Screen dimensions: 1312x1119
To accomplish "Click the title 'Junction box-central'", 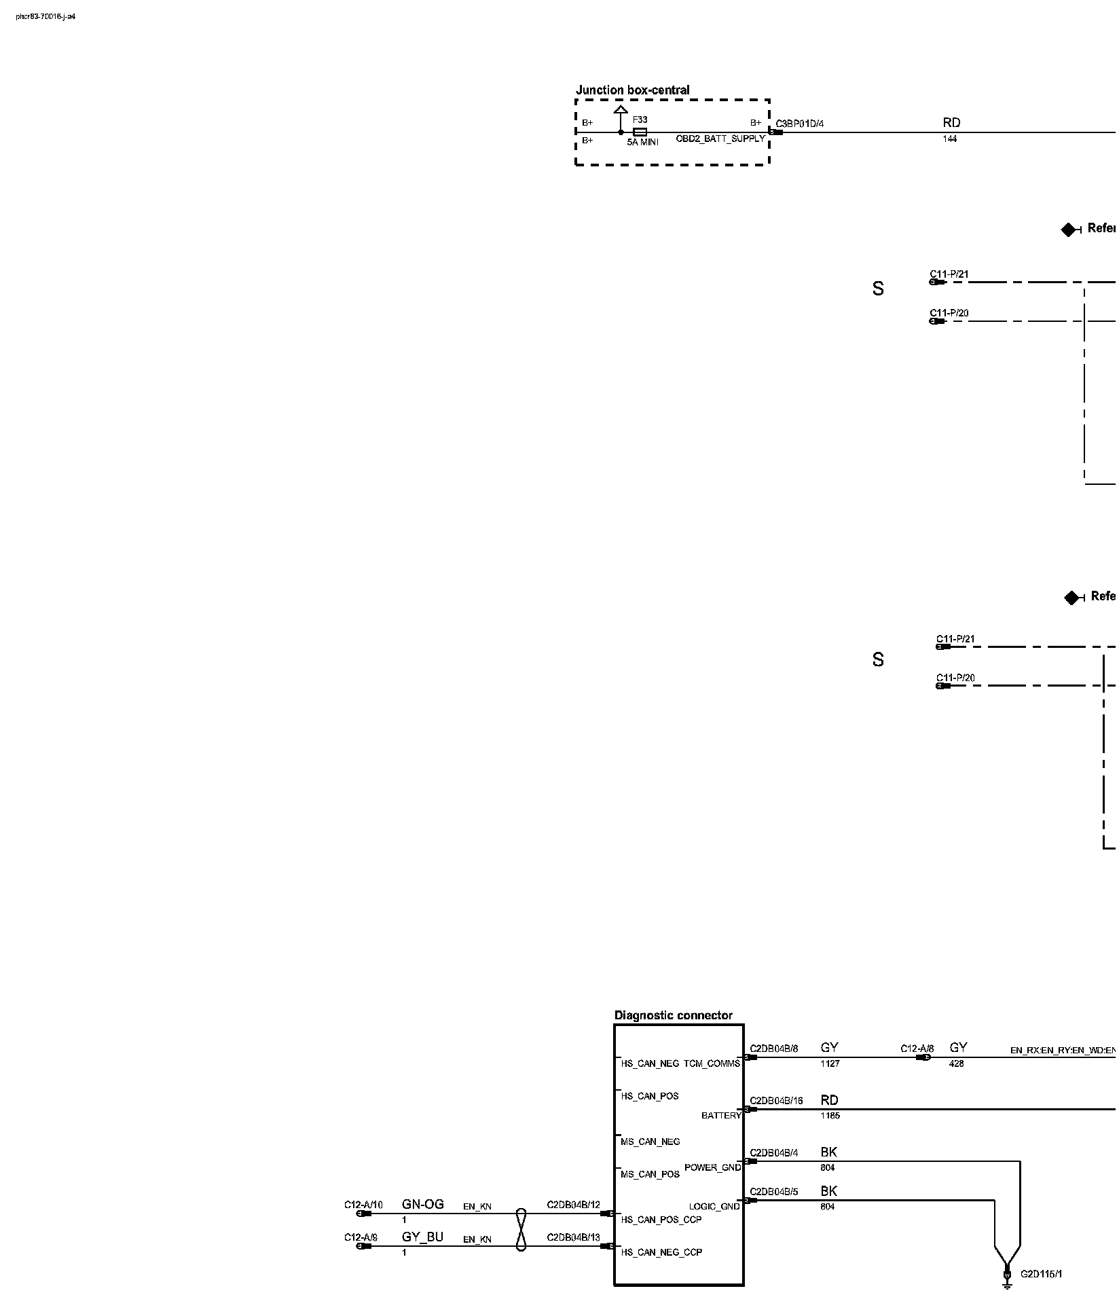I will (x=632, y=90).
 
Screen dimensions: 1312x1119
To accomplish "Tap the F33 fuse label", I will (x=640, y=120).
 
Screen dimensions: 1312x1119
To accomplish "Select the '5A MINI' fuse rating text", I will (x=642, y=143).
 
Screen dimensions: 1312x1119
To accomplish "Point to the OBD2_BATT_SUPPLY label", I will (x=720, y=139).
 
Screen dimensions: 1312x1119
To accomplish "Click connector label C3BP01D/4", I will (x=799, y=124).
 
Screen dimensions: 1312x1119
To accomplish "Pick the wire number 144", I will (x=949, y=139).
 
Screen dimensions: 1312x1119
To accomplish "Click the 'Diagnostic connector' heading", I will (x=673, y=1015).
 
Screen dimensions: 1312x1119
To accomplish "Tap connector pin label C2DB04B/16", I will (x=776, y=1101).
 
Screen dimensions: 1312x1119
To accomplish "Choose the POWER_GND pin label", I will (x=712, y=1167).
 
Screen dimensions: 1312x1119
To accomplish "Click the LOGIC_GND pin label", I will (x=714, y=1206).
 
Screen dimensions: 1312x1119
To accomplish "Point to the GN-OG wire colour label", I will (x=422, y=1204).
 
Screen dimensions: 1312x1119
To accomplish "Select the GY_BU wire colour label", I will (x=422, y=1237).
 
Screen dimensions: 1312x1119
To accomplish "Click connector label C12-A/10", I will (x=363, y=1205).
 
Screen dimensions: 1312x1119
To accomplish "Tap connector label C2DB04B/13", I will (x=573, y=1237).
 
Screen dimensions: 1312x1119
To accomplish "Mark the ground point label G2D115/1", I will (x=1041, y=1274).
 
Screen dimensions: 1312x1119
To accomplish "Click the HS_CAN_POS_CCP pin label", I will (x=661, y=1220).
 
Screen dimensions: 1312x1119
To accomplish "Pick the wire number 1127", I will (x=830, y=1064).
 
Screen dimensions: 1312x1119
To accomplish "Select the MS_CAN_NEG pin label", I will (x=650, y=1142).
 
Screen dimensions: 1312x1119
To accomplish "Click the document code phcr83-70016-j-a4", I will (x=45, y=16).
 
